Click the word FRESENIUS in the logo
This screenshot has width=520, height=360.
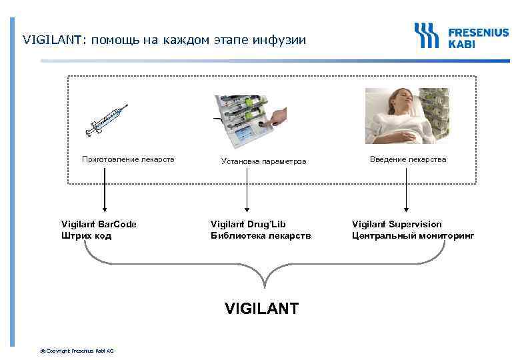[x=478, y=31]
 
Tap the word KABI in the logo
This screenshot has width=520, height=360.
[x=461, y=43]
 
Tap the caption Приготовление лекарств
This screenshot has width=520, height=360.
[x=128, y=159]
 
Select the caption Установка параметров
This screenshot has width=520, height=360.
[x=264, y=161]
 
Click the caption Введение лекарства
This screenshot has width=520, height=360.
[x=408, y=159]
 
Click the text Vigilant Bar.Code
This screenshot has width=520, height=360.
[x=99, y=224]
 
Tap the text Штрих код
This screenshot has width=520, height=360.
[x=87, y=235]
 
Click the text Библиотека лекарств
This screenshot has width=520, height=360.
[x=261, y=235]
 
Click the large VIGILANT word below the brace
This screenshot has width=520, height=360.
[x=262, y=308]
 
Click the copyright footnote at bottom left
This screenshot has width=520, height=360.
[x=77, y=351]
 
